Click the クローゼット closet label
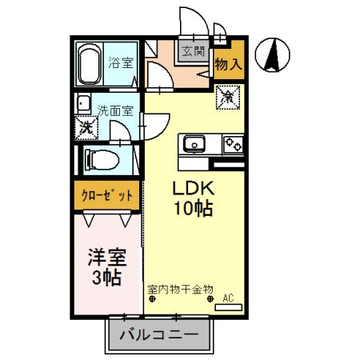click(x=107, y=194)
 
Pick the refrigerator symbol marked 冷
click(x=229, y=97)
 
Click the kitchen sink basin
click(x=194, y=145)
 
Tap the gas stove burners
click(x=233, y=145)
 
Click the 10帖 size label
click(x=193, y=210)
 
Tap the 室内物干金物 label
click(x=180, y=288)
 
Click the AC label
click(x=228, y=298)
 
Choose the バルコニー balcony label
click(x=159, y=334)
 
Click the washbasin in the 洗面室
click(x=82, y=103)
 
